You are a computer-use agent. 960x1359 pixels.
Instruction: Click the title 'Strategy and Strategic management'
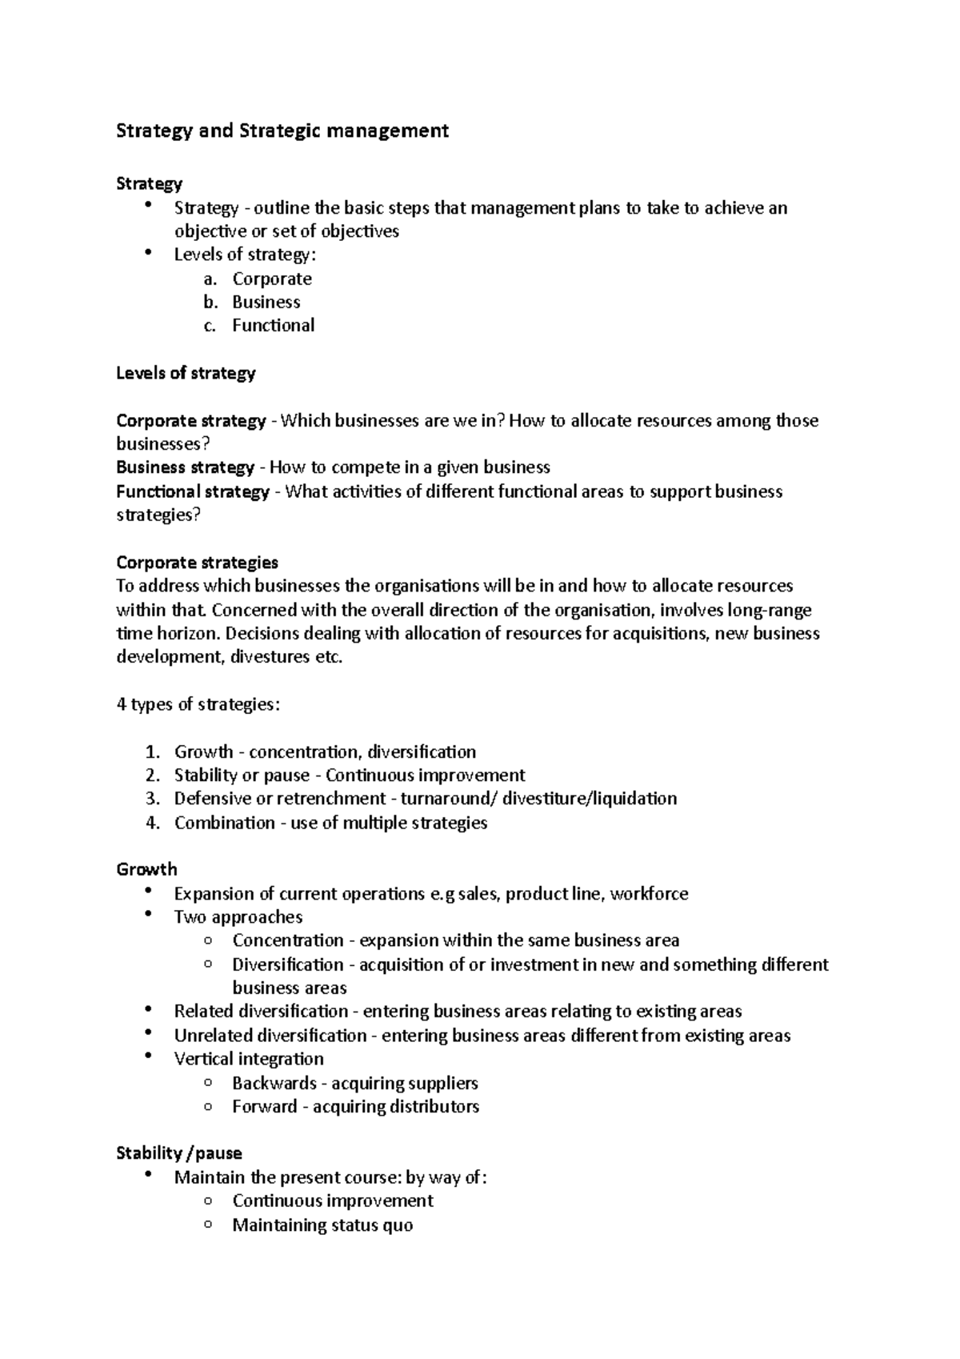pos(282,130)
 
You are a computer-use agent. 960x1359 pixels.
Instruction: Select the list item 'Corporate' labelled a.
pos(272,279)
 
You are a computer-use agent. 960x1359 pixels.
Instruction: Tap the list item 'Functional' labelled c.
pos(273,326)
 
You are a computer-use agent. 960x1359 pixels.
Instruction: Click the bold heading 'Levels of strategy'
pos(186,373)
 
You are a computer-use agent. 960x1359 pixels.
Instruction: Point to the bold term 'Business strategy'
pos(185,467)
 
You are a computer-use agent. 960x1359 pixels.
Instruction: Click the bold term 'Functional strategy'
pos(193,491)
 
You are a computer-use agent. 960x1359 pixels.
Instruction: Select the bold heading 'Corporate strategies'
pos(197,563)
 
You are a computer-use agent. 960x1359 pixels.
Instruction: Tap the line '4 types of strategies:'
pos(198,705)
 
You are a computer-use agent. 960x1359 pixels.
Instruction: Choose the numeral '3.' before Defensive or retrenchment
pos(154,799)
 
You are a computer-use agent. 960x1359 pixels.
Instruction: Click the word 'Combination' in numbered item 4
pos(225,823)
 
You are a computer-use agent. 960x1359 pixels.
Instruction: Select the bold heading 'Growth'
pos(146,870)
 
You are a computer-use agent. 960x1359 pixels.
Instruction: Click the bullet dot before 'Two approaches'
pos(149,914)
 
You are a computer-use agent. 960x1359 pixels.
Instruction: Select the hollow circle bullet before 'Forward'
pos(208,1106)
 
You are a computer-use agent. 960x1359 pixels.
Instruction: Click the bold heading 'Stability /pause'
pos(179,1153)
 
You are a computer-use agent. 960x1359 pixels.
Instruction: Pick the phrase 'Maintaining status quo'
pos(322,1225)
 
